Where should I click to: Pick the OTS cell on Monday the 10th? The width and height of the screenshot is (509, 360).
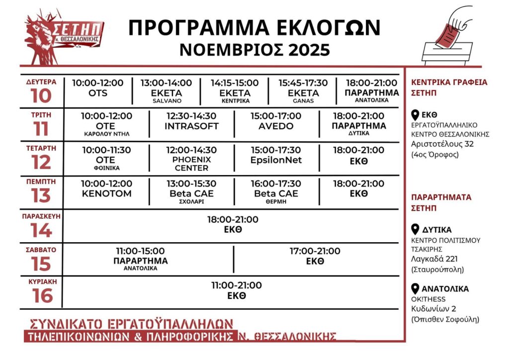(x=98, y=89)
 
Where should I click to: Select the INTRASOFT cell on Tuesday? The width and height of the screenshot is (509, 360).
(x=191, y=121)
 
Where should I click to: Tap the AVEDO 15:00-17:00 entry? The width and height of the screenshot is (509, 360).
(x=276, y=121)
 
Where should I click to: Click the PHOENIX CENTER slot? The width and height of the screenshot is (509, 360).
(x=191, y=159)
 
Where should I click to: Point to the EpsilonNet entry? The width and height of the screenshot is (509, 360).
(x=276, y=155)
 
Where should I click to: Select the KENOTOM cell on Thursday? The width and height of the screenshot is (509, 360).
(x=107, y=189)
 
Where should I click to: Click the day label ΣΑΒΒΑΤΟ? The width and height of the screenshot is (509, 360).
(x=41, y=250)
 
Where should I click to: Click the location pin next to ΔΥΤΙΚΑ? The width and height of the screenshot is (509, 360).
(x=416, y=230)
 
